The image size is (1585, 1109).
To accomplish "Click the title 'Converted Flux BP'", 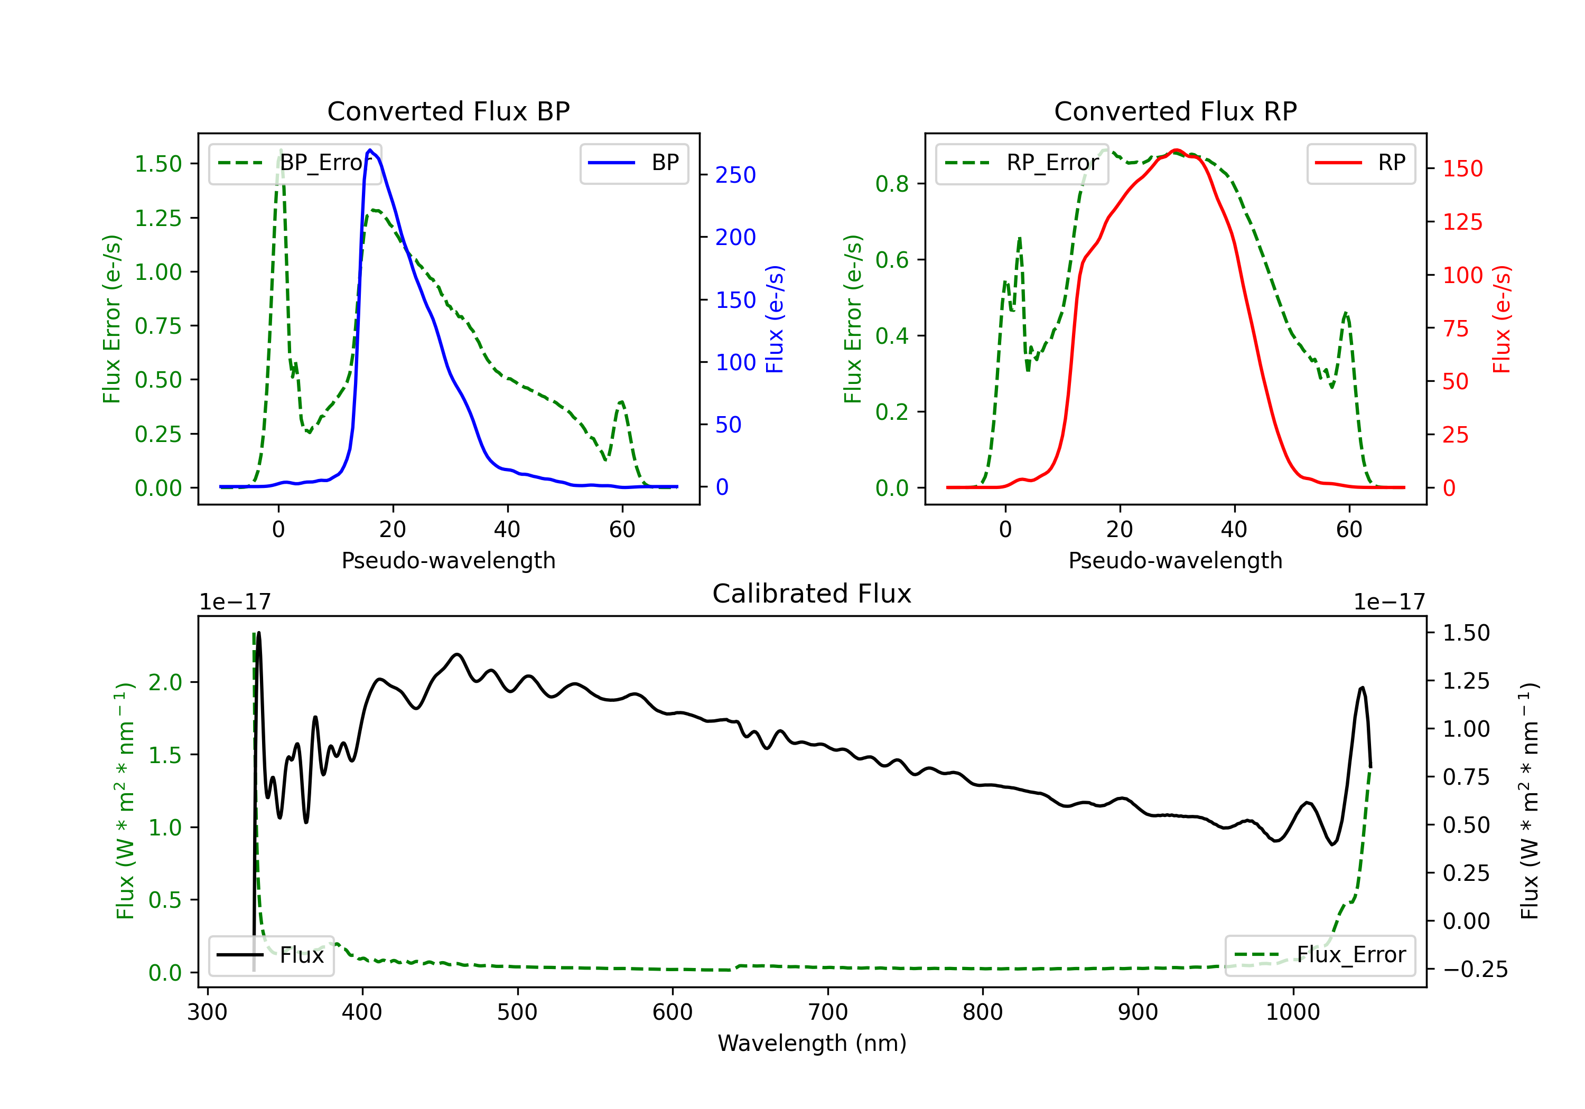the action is [448, 111].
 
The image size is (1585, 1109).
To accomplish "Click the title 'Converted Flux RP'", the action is [1175, 111].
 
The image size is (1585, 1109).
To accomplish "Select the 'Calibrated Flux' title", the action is [812, 594].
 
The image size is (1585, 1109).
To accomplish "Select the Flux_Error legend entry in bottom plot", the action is [1320, 955].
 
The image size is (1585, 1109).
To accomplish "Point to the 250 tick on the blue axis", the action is [735, 175].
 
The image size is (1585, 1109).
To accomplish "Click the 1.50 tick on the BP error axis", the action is [158, 164].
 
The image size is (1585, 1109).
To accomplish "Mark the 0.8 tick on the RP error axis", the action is [892, 184].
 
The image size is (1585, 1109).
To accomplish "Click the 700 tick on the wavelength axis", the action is [828, 1012].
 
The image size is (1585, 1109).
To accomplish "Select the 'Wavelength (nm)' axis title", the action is [812, 1044].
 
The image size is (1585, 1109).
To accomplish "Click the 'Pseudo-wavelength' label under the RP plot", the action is [1175, 560].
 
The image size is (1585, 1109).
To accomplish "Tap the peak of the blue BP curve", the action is [370, 150].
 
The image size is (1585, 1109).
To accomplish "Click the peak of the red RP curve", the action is [1176, 150].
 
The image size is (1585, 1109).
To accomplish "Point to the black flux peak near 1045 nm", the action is [1362, 688].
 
